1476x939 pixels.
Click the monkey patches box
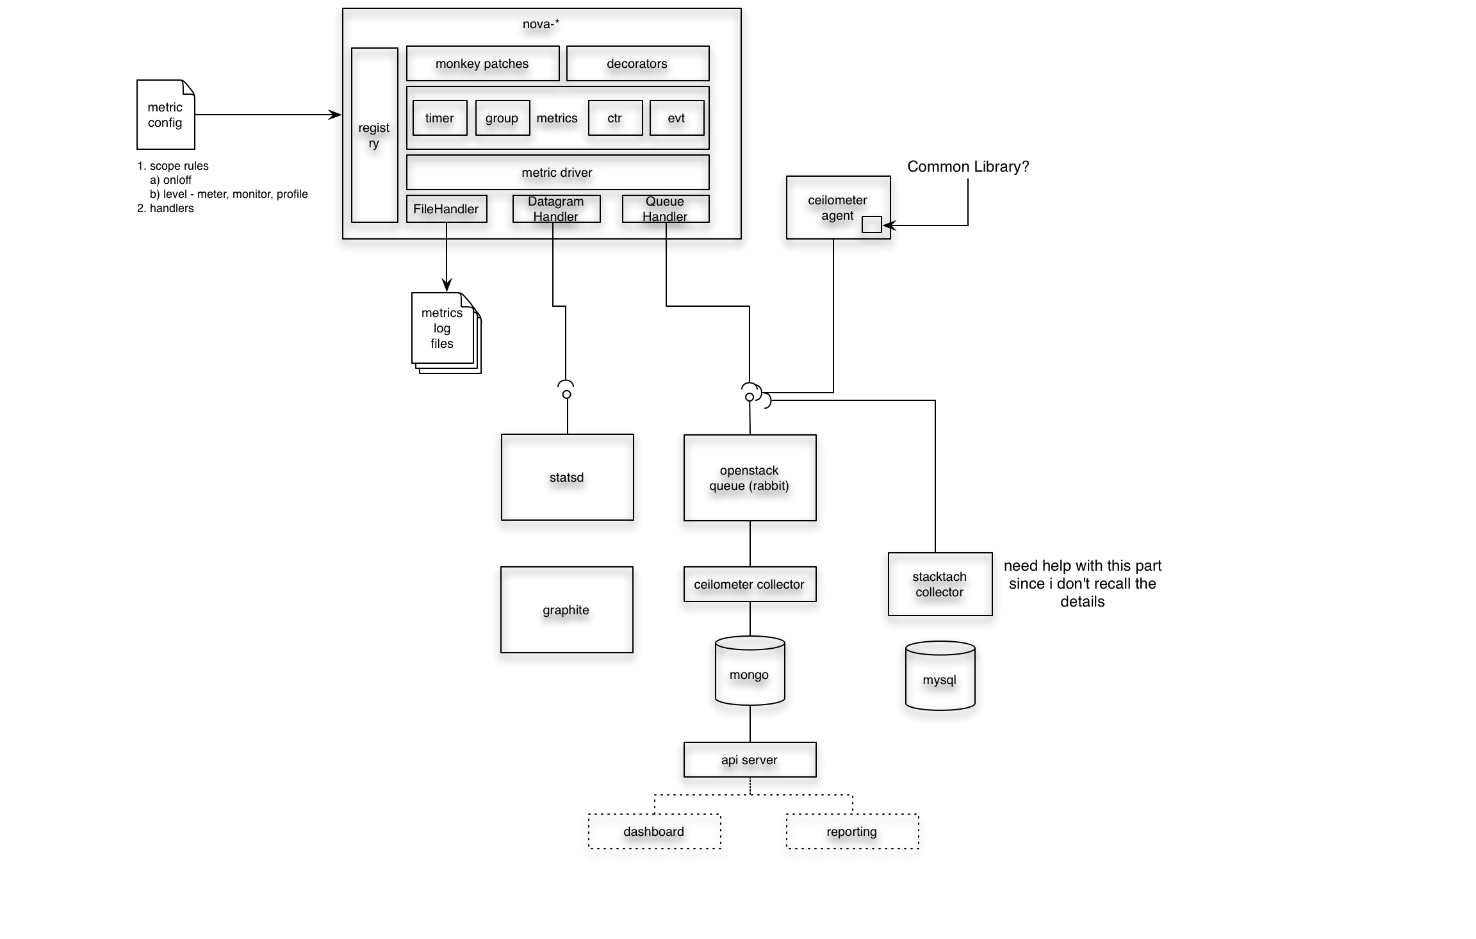click(482, 63)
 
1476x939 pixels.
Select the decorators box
click(637, 63)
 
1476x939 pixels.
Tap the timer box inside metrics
click(439, 118)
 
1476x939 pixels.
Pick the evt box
click(676, 118)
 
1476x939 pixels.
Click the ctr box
click(615, 118)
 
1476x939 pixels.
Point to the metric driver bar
click(557, 172)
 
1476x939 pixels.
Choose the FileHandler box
click(447, 209)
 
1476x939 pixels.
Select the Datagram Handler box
click(556, 209)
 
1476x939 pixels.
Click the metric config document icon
click(165, 115)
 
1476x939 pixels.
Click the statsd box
click(567, 477)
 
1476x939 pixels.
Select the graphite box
click(566, 610)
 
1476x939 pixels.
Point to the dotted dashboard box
click(654, 831)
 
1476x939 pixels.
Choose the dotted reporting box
click(852, 831)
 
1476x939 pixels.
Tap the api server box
click(750, 760)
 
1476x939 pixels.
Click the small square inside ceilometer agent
click(871, 224)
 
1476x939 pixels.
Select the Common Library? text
click(968, 167)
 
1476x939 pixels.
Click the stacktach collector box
click(940, 584)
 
